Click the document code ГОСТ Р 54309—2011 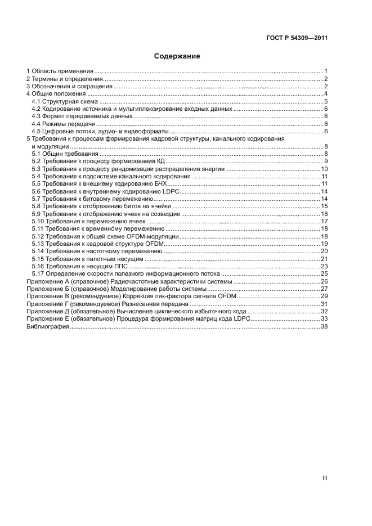297,38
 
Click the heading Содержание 177,56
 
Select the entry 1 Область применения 60,71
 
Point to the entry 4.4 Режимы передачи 63,124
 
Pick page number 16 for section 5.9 324,214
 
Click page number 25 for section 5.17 324,274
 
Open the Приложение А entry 129,281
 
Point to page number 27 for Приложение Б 324,289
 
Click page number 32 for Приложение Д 324,311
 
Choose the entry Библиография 47,326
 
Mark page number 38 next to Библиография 324,326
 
